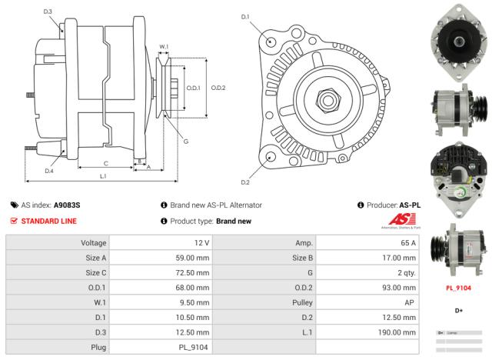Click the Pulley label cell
pyautogui.click(x=301, y=302)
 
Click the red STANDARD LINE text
pyautogui.click(x=48, y=221)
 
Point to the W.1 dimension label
pyautogui.click(x=164, y=47)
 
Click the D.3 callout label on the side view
pyautogui.click(x=48, y=12)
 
